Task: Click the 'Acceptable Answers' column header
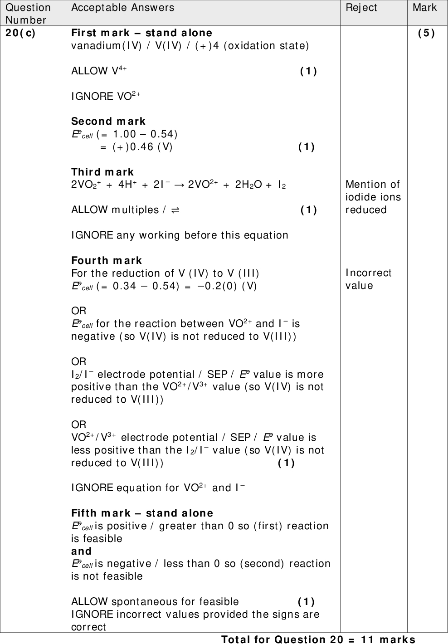122,7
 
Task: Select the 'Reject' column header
361,7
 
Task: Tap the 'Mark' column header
424,7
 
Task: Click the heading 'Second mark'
108,122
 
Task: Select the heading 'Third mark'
102,172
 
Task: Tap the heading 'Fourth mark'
107,261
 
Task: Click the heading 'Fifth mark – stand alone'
142,513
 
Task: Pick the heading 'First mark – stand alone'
141,33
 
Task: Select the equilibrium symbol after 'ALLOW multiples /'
175,210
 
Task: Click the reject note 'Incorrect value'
368,279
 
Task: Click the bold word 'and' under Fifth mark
81,551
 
